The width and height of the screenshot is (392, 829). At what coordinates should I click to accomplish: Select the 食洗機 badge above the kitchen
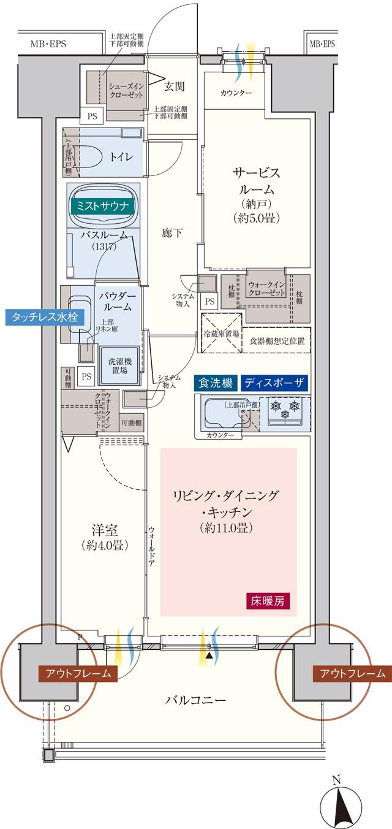tap(215, 383)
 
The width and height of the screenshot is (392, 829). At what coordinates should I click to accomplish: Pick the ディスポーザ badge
tap(274, 383)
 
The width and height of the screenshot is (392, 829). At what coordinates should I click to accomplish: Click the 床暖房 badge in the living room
tap(266, 600)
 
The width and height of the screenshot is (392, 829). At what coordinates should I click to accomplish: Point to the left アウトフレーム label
tap(77, 673)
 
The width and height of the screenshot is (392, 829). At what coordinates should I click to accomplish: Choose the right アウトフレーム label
tap(352, 673)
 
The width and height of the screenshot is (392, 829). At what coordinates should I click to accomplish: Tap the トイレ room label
tap(121, 156)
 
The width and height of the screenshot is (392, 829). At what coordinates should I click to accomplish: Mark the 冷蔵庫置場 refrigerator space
tap(221, 335)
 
